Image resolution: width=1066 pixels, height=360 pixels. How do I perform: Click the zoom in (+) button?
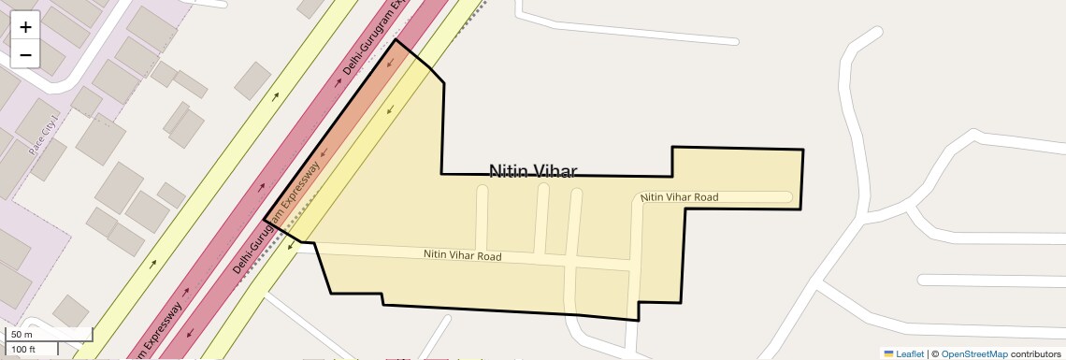pos(25,27)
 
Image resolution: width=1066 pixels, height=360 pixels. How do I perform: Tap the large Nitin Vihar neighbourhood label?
pos(533,171)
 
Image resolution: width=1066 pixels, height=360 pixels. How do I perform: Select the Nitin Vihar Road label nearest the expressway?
pos(462,255)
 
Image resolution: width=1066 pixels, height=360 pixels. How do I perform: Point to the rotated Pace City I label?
pos(44,135)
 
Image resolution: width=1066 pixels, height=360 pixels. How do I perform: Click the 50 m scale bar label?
pos(22,334)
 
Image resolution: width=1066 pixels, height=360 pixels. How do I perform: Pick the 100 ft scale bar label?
pos(23,350)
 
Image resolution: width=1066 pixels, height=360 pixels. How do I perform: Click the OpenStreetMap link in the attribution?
pos(973,353)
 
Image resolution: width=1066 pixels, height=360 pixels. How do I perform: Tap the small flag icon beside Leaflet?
pos(888,353)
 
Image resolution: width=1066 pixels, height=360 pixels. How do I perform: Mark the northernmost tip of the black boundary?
pos(396,39)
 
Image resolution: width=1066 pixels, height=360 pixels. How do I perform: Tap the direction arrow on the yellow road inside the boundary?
pos(389,110)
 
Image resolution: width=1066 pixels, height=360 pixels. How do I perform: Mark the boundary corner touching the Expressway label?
pos(266,221)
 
